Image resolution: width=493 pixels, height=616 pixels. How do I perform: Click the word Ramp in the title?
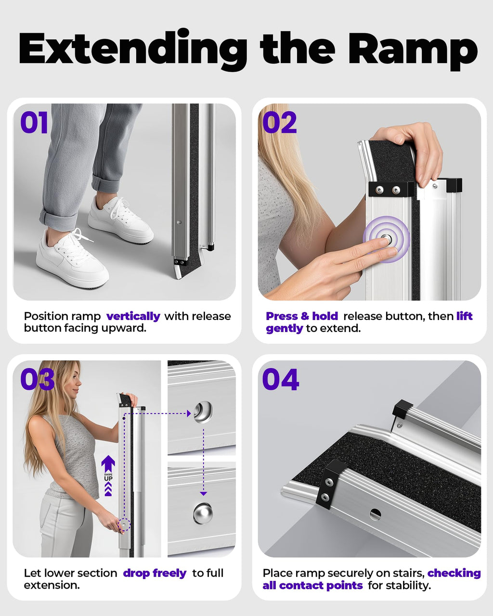[413, 51]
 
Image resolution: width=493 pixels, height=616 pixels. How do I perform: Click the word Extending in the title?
[133, 50]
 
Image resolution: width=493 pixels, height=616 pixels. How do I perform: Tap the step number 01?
[34, 123]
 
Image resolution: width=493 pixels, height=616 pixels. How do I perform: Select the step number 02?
[279, 123]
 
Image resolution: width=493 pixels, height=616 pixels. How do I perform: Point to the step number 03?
[37, 379]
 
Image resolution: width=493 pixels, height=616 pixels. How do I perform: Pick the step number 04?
[281, 379]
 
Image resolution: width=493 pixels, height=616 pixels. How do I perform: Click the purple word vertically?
[133, 317]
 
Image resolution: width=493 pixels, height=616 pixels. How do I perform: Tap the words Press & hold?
[302, 316]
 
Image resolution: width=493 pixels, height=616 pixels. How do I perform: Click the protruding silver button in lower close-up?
[203, 513]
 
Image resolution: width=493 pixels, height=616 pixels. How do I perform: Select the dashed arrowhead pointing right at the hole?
[189, 413]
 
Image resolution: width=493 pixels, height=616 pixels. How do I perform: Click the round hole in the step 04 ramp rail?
[375, 514]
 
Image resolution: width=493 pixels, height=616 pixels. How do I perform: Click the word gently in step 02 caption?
[284, 329]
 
